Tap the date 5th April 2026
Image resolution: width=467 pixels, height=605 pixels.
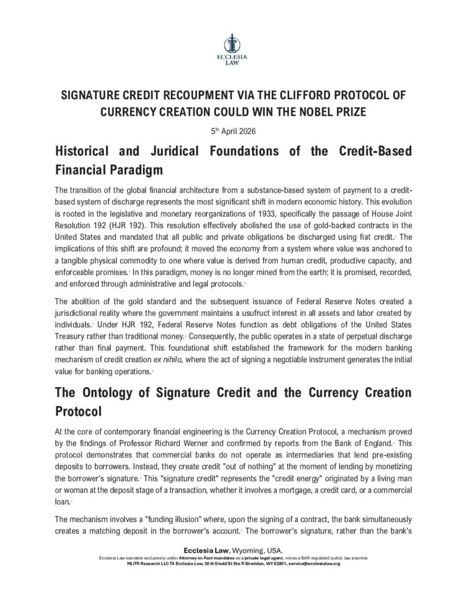233,129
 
